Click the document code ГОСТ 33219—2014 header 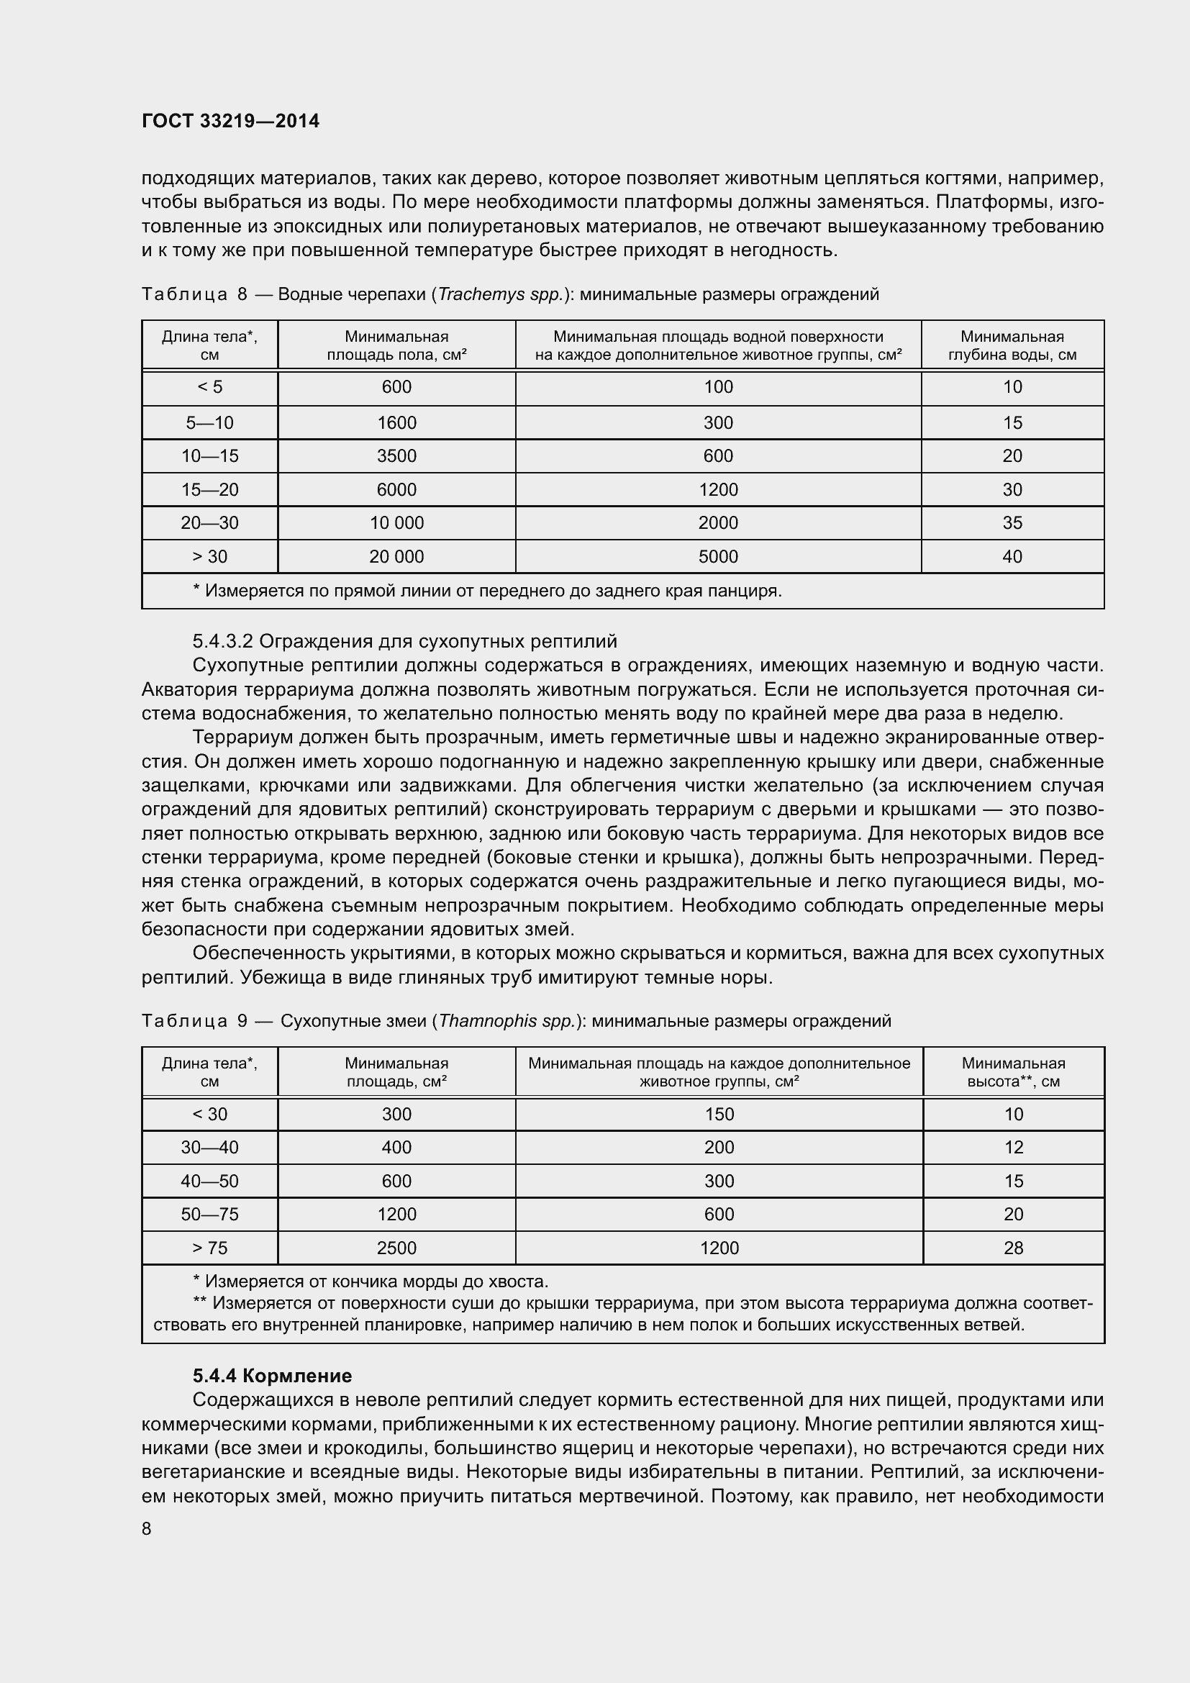coord(230,121)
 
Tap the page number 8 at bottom coord(147,1528)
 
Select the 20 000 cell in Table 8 coord(396,556)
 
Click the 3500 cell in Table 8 coord(396,456)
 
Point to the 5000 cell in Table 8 coord(718,556)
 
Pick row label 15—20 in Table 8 coord(209,490)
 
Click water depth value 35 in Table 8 coord(1012,522)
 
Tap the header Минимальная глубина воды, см coord(1012,345)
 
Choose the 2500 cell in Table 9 coord(396,1248)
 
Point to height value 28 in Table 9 coord(1013,1248)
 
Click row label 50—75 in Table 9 coord(209,1214)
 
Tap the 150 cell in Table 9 coord(719,1114)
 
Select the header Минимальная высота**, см coord(1013,1072)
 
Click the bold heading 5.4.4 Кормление coord(272,1376)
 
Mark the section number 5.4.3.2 coord(223,641)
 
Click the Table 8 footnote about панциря coord(487,591)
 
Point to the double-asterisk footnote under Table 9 coord(623,1314)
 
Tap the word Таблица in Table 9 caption coord(184,1021)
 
